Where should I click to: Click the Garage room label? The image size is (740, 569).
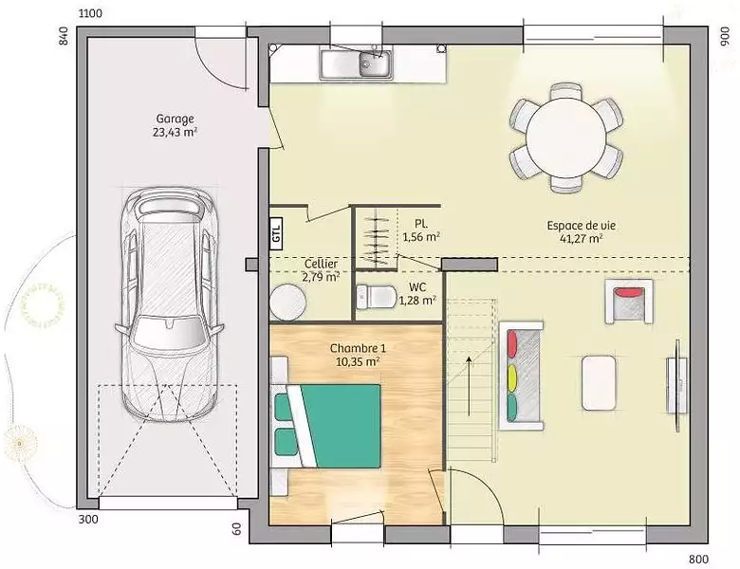coord(176,119)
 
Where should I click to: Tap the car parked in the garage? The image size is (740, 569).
coord(169,303)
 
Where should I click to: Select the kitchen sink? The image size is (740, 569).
coord(357,64)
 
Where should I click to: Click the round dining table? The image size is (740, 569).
coord(566,138)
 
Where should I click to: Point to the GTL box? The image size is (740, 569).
coord(276,233)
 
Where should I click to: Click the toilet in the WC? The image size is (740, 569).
coord(376,297)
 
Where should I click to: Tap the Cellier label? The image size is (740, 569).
coord(321,264)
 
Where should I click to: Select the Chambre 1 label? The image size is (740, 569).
coord(358,348)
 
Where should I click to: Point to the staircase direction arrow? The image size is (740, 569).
coord(469,386)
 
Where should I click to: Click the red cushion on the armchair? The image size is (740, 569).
coord(630,292)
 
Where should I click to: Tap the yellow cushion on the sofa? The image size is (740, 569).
coord(512,379)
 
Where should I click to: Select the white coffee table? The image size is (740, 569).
coord(599,382)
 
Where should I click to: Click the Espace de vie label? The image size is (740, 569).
coord(581,226)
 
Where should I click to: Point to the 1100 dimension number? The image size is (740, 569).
coord(90,13)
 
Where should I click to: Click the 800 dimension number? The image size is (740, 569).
coord(698,560)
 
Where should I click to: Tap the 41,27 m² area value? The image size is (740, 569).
coord(581,239)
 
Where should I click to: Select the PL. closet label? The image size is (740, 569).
coord(421,223)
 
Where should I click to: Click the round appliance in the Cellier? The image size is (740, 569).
coord(287,302)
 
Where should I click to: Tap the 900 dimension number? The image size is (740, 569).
coord(725,36)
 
